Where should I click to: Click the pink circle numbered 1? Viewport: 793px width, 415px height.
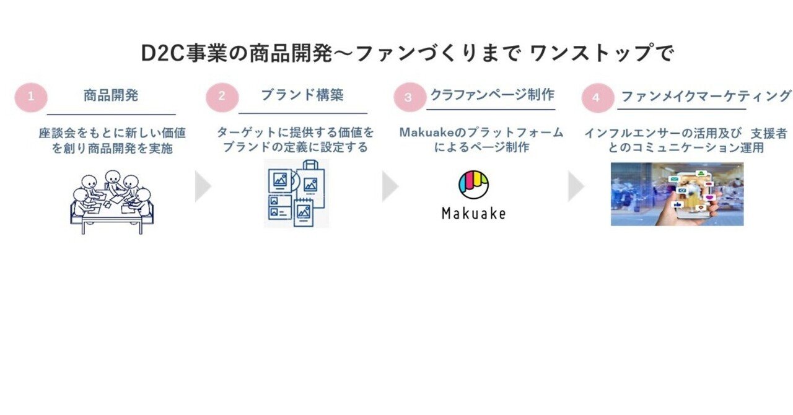tap(31, 97)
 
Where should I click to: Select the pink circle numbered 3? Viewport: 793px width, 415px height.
tap(410, 97)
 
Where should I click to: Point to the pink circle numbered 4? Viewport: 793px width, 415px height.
tap(598, 98)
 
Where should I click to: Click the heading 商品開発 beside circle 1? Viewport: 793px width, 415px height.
tap(111, 95)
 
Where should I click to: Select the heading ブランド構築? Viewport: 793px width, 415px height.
tap(302, 95)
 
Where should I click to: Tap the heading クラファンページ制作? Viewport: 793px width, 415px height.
tap(492, 95)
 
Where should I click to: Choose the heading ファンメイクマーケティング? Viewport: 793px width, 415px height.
tap(706, 96)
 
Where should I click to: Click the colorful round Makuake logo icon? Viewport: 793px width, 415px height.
tap(473, 185)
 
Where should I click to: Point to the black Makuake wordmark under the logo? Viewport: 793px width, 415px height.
tap(474, 214)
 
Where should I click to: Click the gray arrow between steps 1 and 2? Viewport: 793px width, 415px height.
tap(203, 186)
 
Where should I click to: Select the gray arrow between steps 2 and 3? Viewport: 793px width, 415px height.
tap(390, 186)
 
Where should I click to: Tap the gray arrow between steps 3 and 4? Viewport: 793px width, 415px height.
tap(576, 186)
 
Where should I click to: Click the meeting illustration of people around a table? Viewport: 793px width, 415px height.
tap(112, 202)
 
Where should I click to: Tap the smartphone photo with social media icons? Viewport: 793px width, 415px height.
tap(677, 194)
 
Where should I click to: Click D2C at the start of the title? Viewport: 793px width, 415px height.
tap(163, 53)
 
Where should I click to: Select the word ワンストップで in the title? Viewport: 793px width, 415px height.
tap(602, 53)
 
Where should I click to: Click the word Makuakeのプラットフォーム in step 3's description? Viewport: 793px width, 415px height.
tap(481, 133)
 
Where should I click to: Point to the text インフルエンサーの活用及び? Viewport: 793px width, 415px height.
tap(663, 134)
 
